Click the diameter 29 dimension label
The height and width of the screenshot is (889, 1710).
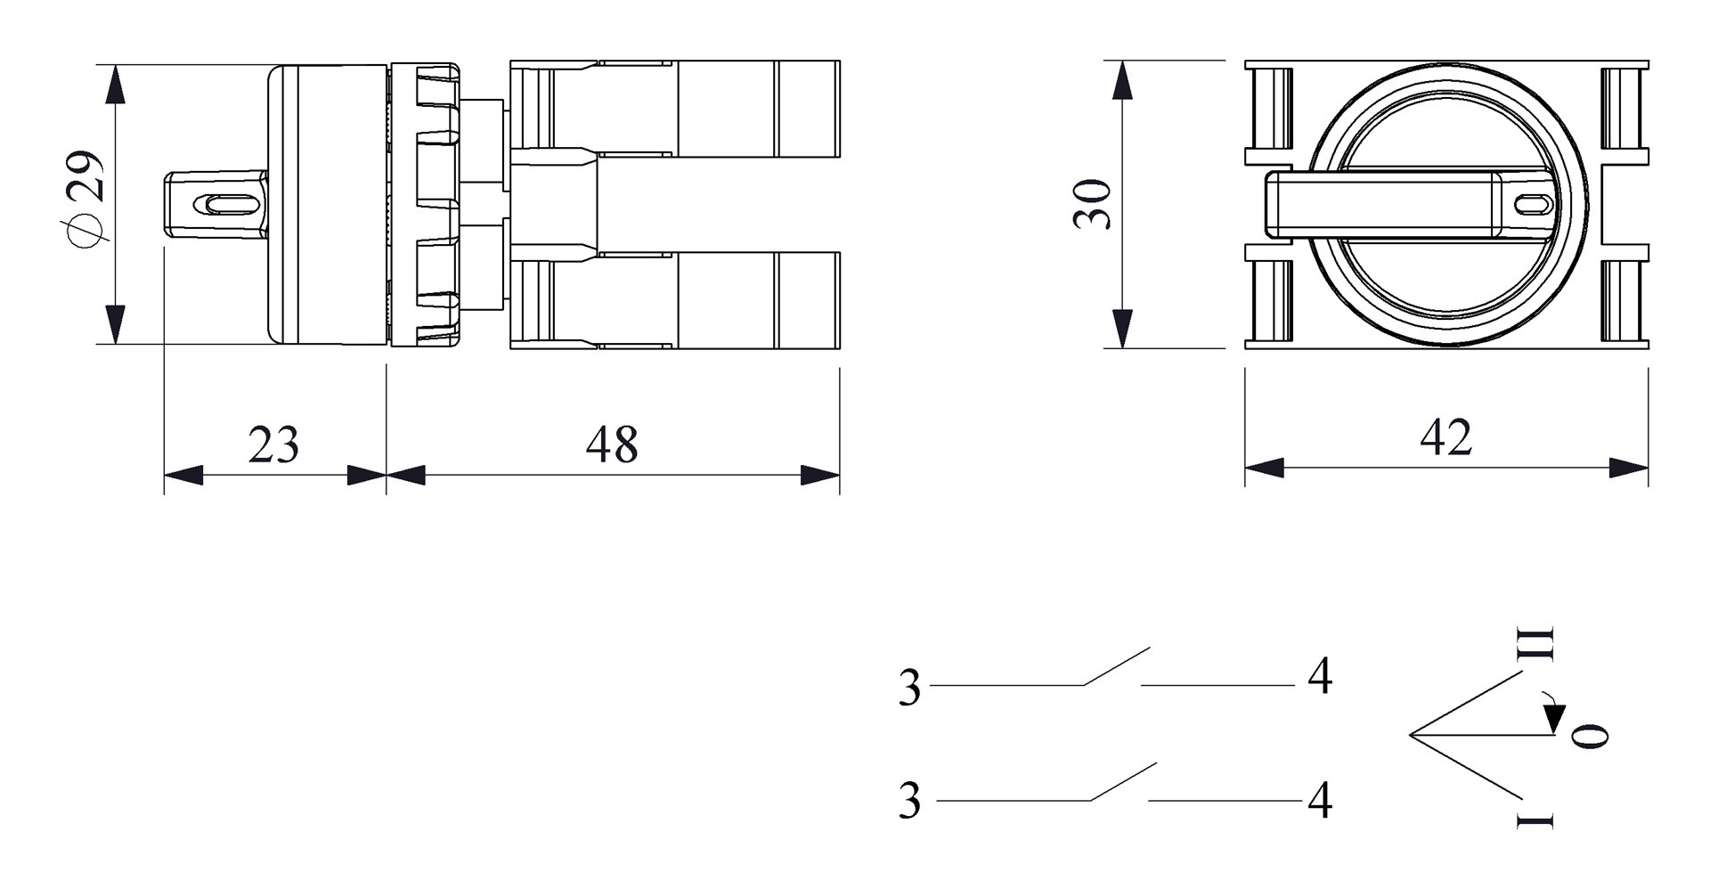86,198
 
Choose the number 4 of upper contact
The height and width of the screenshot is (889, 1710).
1320,677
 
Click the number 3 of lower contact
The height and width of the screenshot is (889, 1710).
909,801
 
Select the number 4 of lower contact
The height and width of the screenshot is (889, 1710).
1320,801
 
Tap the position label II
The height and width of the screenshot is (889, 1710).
1535,643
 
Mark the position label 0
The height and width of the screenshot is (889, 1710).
1590,735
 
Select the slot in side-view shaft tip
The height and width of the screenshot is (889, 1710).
229,204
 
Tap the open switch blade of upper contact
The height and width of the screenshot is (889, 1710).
1116,666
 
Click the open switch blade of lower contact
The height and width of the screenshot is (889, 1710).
1123,781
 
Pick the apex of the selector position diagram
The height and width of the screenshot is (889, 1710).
1412,735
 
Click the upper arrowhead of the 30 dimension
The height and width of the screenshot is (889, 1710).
1123,81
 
